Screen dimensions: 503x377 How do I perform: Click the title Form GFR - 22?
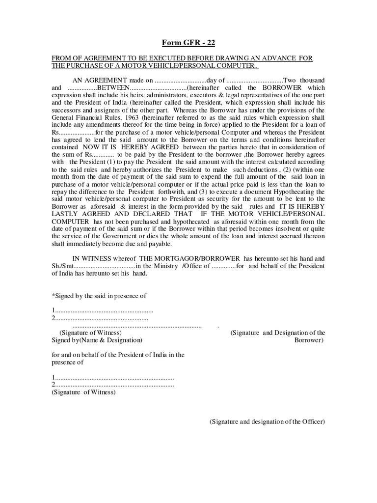[188, 42]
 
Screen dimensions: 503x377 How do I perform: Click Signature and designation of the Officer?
[267, 421]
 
